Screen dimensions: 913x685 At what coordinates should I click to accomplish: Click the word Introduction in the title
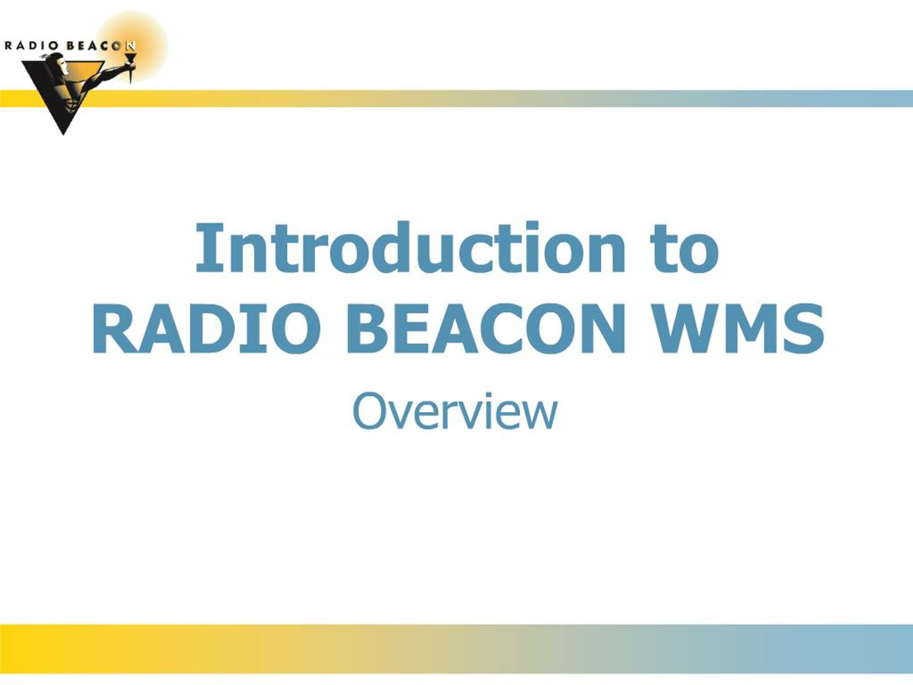click(411, 247)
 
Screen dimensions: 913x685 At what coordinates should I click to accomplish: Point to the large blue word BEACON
click(485, 329)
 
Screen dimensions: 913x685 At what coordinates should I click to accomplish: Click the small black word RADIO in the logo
click(31, 45)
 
